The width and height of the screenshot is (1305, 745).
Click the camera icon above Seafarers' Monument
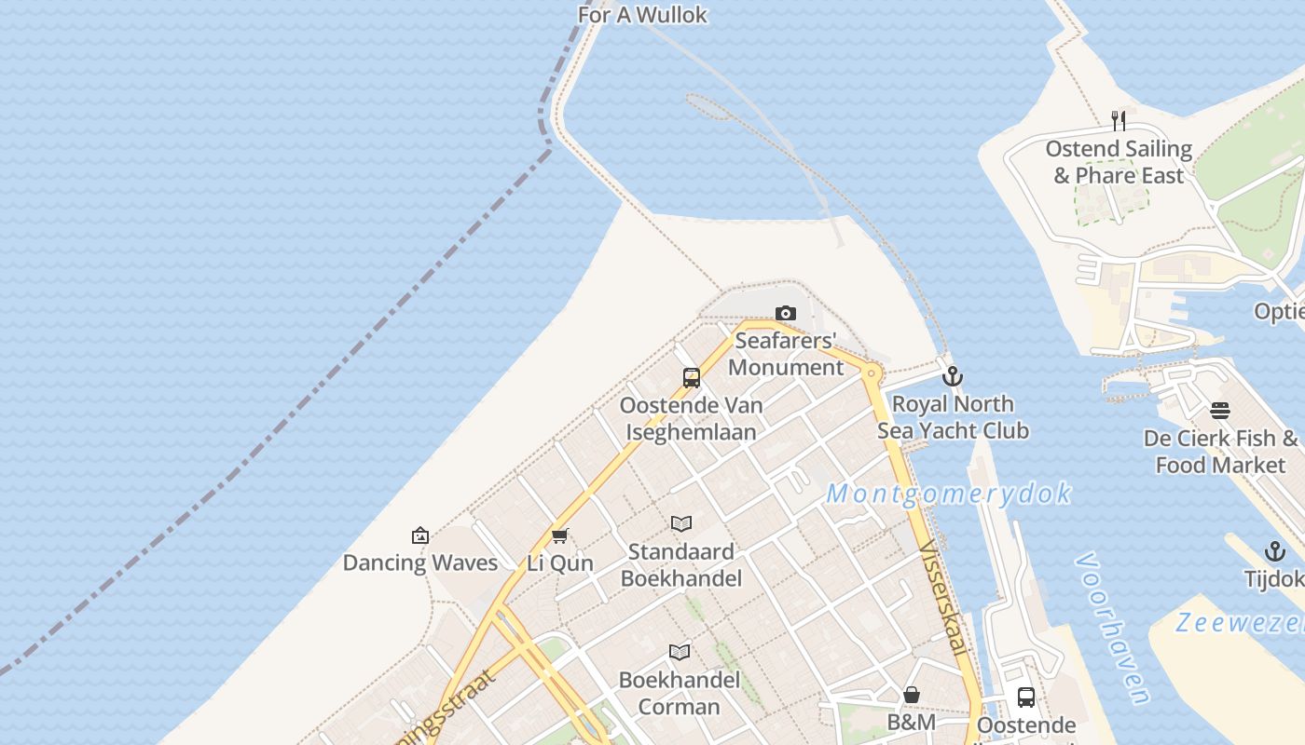786,314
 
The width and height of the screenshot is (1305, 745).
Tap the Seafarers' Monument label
785,354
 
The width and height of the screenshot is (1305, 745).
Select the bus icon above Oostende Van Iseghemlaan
692,377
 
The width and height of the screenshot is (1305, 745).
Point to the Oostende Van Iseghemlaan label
691,418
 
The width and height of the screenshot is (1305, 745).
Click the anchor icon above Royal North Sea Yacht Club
952,376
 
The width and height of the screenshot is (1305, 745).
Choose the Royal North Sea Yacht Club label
953,417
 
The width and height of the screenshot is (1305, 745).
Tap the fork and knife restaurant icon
1119,121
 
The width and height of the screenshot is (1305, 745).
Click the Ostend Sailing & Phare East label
1119,162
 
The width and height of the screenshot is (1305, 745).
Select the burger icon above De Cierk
1220,411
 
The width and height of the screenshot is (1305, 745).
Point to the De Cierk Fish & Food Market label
1220,452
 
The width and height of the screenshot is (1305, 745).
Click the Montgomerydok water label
949,494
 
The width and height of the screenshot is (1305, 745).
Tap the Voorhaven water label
1112,629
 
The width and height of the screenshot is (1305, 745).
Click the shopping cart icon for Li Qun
559,535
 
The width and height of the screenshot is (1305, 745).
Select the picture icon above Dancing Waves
420,535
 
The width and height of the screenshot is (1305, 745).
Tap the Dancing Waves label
420,562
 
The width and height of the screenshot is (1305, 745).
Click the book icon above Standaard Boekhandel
681,524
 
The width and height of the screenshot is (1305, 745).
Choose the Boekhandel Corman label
680,693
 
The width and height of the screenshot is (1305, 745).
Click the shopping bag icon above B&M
912,695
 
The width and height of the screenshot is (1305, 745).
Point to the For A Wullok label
642,15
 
